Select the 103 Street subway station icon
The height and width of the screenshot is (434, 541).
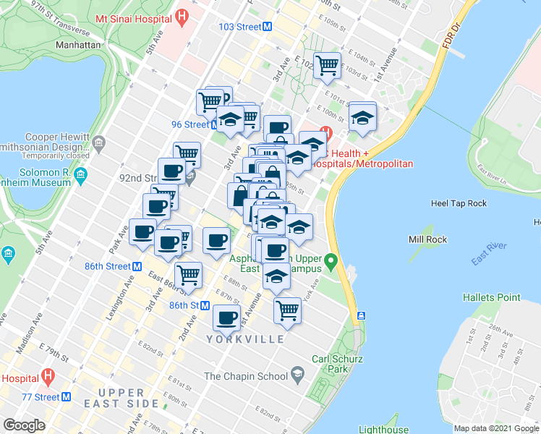268,27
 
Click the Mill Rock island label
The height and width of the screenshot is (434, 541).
427,239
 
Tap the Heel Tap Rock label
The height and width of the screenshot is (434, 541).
459,203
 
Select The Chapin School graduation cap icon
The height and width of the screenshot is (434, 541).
297,374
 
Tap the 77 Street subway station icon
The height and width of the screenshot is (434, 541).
66,396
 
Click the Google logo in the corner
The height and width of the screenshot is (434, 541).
24,425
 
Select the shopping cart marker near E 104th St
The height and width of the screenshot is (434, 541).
327,65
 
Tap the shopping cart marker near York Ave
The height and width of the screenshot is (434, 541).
288,310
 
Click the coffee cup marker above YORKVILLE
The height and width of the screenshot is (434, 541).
226,317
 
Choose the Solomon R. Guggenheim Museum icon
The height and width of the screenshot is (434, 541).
80,174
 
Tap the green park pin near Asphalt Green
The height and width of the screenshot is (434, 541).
331,260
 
